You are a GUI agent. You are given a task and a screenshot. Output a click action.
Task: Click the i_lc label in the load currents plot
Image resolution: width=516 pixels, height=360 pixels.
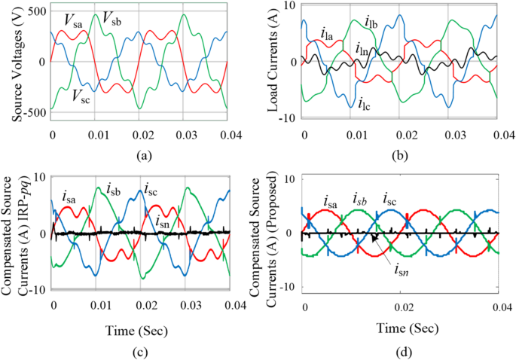click(365, 103)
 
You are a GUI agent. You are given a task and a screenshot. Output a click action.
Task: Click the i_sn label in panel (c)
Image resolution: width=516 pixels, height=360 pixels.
click(162, 221)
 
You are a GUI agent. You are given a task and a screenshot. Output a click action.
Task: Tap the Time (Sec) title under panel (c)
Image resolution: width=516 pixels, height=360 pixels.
click(139, 328)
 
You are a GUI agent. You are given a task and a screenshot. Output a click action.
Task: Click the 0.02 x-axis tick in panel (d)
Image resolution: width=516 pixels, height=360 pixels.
click(399, 308)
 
